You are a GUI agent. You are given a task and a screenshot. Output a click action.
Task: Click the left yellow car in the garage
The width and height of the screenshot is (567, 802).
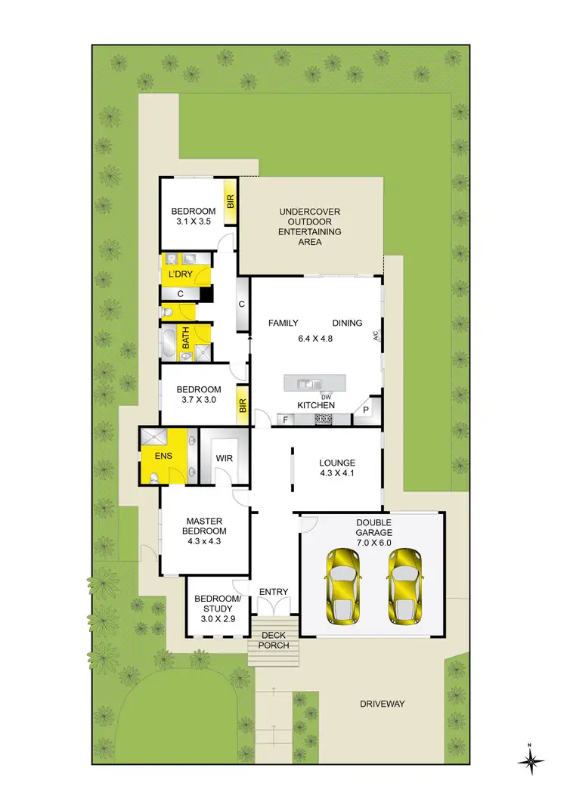[343, 587]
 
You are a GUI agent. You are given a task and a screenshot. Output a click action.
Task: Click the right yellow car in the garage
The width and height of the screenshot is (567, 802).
[404, 587]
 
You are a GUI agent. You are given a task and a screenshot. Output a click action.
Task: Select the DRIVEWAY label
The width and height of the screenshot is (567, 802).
[382, 704]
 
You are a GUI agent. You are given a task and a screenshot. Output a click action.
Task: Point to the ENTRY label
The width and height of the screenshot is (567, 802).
[273, 592]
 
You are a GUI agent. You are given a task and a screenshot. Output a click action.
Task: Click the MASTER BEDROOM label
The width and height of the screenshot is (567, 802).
[206, 525]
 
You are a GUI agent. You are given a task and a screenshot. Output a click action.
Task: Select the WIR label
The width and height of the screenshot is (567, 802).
[224, 458]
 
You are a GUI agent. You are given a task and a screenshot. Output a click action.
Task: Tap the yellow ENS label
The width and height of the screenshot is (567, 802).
[163, 457]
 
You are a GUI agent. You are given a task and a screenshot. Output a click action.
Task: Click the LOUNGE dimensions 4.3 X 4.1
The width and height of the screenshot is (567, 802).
[337, 475]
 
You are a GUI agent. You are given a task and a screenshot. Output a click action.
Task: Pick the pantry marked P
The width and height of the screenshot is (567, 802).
[366, 410]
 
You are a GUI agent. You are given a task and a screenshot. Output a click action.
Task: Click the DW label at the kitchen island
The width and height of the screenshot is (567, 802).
[326, 398]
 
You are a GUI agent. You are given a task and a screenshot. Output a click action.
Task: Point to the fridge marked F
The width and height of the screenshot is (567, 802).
[285, 418]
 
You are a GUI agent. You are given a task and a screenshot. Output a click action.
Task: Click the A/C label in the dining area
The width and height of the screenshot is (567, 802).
[375, 337]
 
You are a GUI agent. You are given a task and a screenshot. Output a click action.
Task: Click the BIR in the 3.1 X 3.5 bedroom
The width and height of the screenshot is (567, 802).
[231, 202]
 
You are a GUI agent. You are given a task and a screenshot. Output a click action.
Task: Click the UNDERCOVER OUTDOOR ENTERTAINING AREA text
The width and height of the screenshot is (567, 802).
[310, 227]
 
